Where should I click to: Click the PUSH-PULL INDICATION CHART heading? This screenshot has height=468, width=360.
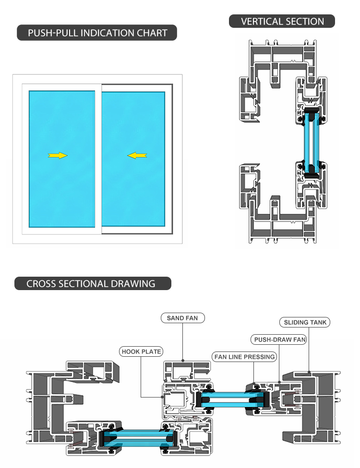(x=97, y=33)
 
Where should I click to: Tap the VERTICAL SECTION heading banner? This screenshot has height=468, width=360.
(x=282, y=22)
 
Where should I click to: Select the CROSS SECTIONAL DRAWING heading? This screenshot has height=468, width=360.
(x=91, y=283)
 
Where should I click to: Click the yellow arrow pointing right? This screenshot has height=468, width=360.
(x=58, y=155)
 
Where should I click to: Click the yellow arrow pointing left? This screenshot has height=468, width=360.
(x=137, y=155)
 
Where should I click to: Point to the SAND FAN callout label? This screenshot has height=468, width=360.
(x=182, y=318)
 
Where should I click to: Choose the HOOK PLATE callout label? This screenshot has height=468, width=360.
(x=141, y=351)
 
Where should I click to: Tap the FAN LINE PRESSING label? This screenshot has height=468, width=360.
(x=245, y=357)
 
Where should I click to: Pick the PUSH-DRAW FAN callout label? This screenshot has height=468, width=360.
(x=279, y=340)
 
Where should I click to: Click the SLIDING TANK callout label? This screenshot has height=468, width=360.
(x=305, y=323)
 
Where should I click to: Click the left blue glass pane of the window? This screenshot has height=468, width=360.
(x=61, y=158)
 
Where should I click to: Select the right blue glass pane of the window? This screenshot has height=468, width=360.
(x=133, y=158)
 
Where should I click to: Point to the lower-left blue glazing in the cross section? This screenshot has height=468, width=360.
(x=138, y=437)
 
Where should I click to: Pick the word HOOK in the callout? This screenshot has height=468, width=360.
(x=131, y=351)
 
